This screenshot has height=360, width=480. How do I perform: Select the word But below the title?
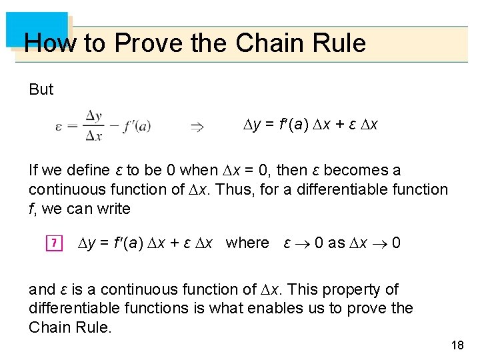click(41, 89)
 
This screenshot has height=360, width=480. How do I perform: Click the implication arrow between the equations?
click(197, 126)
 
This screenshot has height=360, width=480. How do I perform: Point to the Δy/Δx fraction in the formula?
click(94, 126)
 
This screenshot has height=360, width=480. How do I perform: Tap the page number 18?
click(457, 345)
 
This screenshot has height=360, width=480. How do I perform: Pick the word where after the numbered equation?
click(247, 243)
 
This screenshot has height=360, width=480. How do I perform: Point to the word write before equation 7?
click(113, 209)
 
